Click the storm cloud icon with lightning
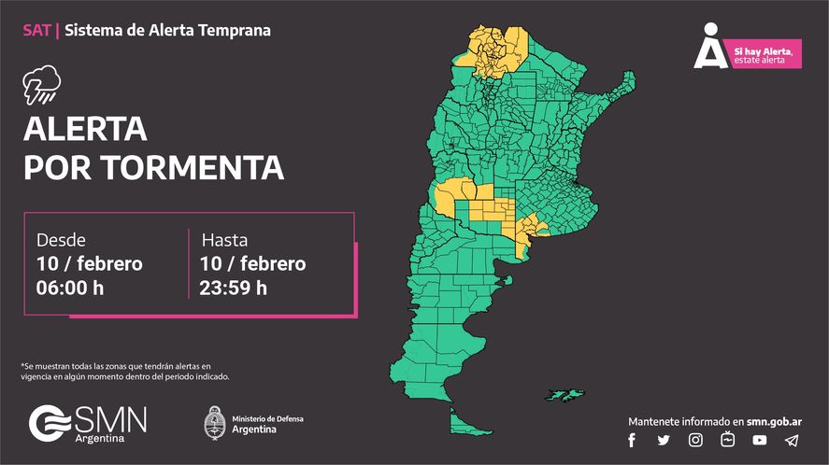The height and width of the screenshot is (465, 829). tap(41, 87)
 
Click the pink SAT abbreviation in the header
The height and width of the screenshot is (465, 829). tap(37, 30)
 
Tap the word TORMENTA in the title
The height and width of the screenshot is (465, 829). tap(191, 168)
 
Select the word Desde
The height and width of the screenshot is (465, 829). tap(61, 239)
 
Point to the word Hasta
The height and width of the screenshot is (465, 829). tap(224, 239)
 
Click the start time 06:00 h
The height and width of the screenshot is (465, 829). tap(70, 288)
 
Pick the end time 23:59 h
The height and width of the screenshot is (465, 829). tap(234, 288)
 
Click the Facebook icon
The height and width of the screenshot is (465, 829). tap(632, 440)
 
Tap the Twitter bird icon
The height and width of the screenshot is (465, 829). tap(664, 440)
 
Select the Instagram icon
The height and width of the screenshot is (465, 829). tap(695, 440)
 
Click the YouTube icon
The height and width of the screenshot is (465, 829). tap(759, 440)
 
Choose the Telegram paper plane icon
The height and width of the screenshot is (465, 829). tap(792, 440)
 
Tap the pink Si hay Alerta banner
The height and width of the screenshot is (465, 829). tap(765, 55)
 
